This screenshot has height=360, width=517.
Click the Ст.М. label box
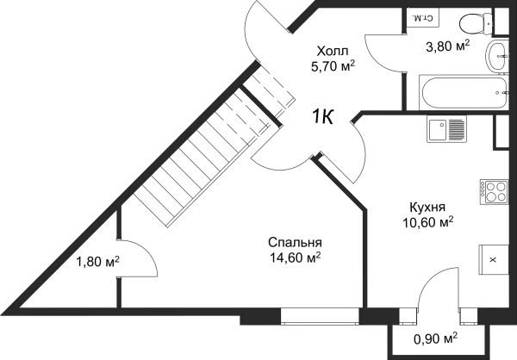pos(422,17)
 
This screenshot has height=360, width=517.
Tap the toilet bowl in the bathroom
pos(471,23)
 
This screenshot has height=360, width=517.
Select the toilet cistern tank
pos(488,23)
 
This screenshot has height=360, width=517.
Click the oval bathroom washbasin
pos(497,57)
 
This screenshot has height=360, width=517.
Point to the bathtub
pos(464,92)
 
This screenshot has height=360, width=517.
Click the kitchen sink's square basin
pos(438,130)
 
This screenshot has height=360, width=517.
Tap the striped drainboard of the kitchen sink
pos(457,130)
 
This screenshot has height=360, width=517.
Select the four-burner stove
pos(494,191)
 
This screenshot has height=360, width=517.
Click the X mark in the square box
pos(493,259)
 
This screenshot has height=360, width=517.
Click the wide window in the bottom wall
pos(320,316)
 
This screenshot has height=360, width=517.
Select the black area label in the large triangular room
pos(293,251)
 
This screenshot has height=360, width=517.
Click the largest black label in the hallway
pos(333,57)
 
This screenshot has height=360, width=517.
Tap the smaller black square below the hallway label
pos(324,115)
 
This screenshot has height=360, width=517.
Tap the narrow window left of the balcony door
pos(408,316)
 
